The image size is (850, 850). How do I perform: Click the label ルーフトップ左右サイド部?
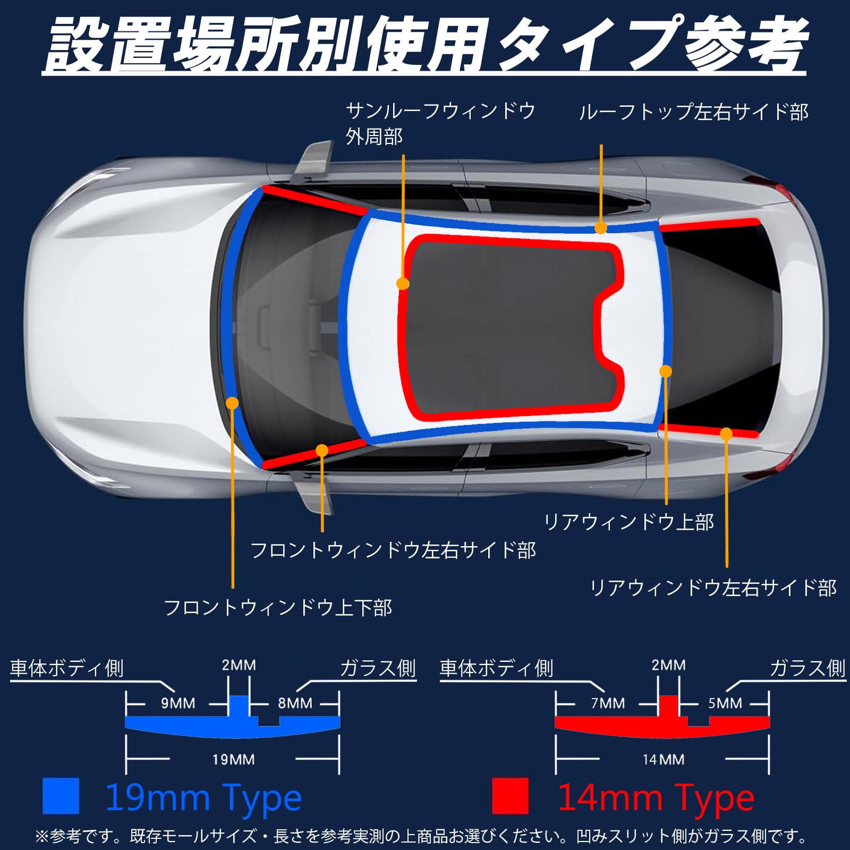tap(693, 113)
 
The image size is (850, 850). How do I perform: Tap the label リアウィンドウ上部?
tap(629, 522)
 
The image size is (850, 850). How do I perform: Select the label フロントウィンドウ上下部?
tap(278, 608)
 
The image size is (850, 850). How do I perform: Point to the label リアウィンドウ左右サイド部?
tap(713, 588)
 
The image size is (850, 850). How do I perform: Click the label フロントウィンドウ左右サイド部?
tap(393, 550)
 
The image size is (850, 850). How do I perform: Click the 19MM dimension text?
tap(233, 760)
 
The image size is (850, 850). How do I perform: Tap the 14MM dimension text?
tap(663, 760)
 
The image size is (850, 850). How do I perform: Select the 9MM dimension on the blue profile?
tap(178, 703)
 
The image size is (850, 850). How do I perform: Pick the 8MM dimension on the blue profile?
tap(295, 703)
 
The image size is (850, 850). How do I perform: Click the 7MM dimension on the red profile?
tap(608, 703)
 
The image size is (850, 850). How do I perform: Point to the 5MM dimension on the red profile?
tap(725, 703)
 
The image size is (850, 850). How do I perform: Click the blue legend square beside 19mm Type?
tap(61, 796)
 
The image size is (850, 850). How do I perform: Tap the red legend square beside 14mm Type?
tap(510, 796)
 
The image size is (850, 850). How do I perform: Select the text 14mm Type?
tap(656, 797)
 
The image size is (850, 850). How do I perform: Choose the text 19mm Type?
tap(203, 797)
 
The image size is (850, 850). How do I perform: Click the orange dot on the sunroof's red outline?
tap(403, 284)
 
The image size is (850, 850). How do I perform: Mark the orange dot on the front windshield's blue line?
tap(232, 403)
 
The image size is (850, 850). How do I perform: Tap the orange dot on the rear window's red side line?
tap(726, 434)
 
